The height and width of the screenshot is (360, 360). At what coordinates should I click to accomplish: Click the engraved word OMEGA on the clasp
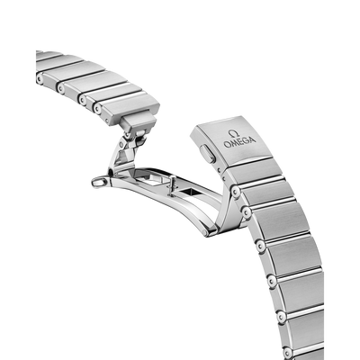tap(239, 142)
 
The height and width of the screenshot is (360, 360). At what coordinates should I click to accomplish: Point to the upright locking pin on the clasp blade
tap(172, 186)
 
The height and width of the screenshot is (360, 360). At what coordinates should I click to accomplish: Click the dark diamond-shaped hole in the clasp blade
tap(187, 192)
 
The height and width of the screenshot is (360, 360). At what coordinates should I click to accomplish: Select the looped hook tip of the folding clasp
tap(99, 182)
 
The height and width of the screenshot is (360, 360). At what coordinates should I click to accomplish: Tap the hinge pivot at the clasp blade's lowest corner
tap(205, 232)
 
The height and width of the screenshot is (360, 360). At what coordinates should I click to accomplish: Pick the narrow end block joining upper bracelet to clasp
tap(138, 122)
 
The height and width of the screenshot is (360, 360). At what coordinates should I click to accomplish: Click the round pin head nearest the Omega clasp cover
tap(236, 191)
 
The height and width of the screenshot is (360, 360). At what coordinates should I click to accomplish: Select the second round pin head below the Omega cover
tap(247, 212)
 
